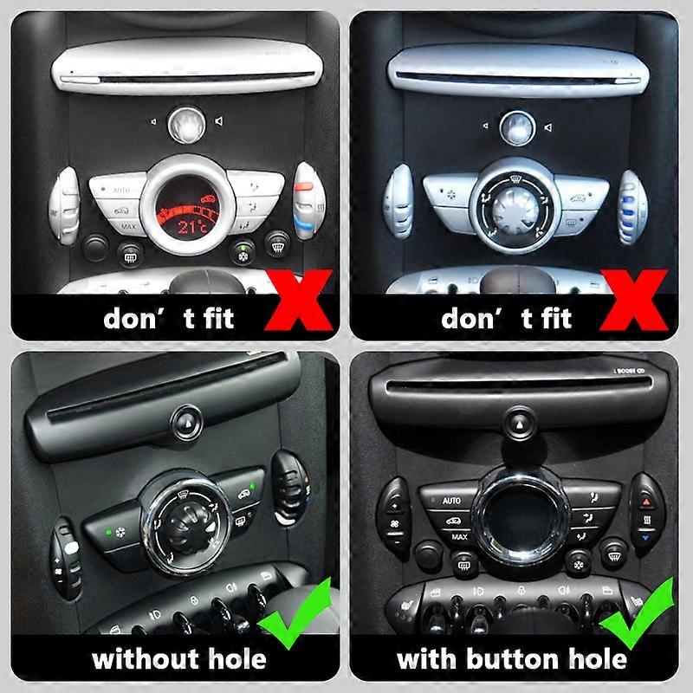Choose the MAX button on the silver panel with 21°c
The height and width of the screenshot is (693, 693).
[x=127, y=228]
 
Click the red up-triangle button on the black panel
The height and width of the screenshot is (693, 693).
[x=648, y=501]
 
